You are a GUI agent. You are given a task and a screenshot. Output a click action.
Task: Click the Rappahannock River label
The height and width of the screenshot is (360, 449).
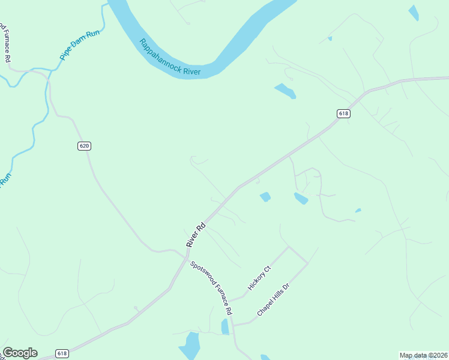click(x=170, y=58)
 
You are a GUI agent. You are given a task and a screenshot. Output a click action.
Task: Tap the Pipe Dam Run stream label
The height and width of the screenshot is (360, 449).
click(x=79, y=46)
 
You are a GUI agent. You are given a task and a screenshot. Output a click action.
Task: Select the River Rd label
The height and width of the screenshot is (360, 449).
click(x=196, y=235)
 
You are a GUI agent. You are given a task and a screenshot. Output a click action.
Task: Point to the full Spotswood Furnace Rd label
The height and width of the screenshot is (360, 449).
click(x=211, y=289)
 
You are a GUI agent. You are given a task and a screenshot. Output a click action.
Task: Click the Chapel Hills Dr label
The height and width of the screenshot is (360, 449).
click(x=274, y=300)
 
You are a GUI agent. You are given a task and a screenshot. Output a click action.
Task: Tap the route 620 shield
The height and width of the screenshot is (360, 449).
click(x=84, y=146)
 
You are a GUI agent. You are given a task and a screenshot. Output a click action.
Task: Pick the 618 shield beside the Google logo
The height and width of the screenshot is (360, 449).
click(x=62, y=353)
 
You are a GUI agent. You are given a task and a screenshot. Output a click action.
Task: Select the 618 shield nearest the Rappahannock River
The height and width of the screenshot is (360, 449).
click(x=343, y=114)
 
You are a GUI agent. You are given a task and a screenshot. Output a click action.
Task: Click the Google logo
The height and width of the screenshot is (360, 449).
click(x=20, y=353)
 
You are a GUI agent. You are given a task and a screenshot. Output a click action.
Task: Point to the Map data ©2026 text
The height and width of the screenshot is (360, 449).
click(x=423, y=355)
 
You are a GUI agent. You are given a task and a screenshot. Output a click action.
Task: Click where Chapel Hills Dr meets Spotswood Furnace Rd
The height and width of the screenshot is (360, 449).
click(x=233, y=325)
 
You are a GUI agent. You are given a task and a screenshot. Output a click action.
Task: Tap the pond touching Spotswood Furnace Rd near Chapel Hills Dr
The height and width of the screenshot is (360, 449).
click(x=225, y=326)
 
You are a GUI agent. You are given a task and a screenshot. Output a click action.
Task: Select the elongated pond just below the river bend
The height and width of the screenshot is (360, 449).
click(x=285, y=91)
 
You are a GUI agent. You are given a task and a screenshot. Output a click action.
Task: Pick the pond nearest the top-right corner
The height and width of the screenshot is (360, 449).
click(x=414, y=13)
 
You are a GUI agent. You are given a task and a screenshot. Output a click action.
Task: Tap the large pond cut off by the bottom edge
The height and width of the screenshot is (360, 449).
click(x=190, y=347)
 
